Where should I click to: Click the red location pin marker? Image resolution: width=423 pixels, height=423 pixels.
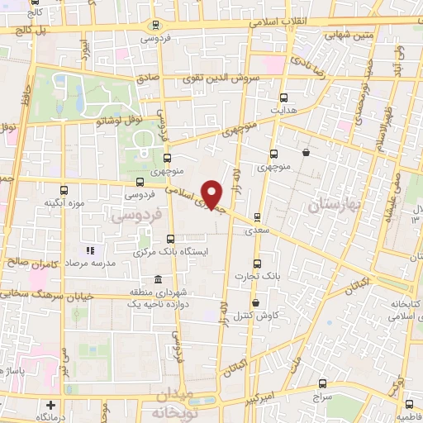click(212, 196)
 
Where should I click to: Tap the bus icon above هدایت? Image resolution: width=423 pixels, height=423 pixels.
click(285, 97)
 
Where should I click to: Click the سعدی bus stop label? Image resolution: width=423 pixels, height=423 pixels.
click(257, 231)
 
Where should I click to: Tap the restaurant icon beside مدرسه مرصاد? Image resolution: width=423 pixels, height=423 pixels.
click(91, 250)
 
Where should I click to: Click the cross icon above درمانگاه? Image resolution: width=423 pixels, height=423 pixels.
click(51, 405)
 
